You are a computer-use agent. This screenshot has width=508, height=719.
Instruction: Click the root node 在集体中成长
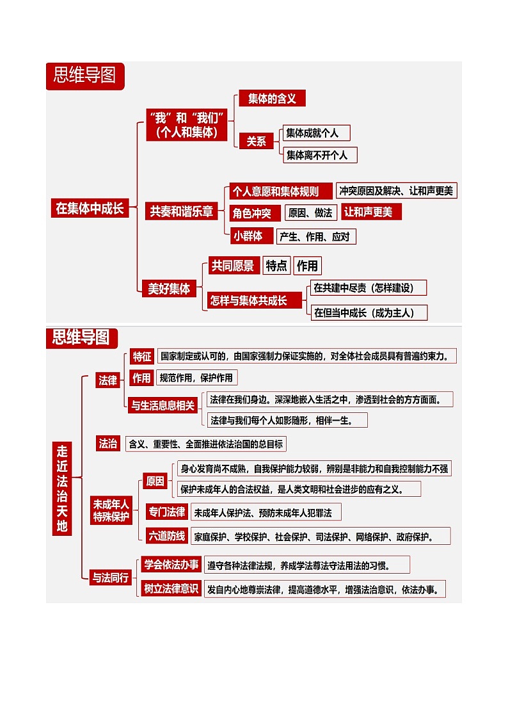click(90, 208)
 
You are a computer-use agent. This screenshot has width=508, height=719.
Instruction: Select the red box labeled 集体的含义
click(272, 98)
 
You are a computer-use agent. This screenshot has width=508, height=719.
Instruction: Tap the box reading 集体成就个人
click(316, 133)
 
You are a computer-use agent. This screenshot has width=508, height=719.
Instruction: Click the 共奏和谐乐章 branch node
click(181, 211)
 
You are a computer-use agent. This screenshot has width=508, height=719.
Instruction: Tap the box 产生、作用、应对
click(315, 236)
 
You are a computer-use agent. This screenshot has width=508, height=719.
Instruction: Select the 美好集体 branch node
click(169, 288)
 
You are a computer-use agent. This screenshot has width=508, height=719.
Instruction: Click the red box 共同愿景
click(233, 266)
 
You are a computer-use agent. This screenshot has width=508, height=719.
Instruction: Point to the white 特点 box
click(276, 266)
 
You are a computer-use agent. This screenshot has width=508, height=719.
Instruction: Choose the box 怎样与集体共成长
click(255, 300)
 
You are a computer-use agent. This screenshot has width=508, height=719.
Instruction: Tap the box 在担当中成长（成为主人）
click(369, 312)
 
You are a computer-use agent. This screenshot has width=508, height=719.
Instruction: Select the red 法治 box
click(107, 443)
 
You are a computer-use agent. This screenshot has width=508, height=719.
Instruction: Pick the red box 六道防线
click(167, 536)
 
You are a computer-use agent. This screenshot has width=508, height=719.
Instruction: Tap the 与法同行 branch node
click(110, 577)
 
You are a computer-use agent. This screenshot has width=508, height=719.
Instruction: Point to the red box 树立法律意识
click(171, 589)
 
